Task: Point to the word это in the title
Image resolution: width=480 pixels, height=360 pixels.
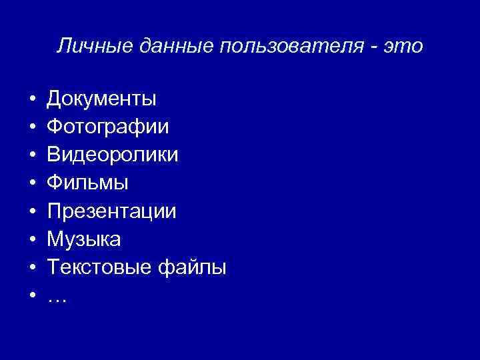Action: click(x=405, y=47)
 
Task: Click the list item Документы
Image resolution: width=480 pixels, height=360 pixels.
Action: click(x=101, y=99)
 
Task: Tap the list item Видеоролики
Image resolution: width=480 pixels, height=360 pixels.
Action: click(x=112, y=155)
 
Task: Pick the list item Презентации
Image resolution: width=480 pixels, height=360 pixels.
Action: click(x=111, y=212)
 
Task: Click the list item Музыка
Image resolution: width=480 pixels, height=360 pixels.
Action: click(x=83, y=240)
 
